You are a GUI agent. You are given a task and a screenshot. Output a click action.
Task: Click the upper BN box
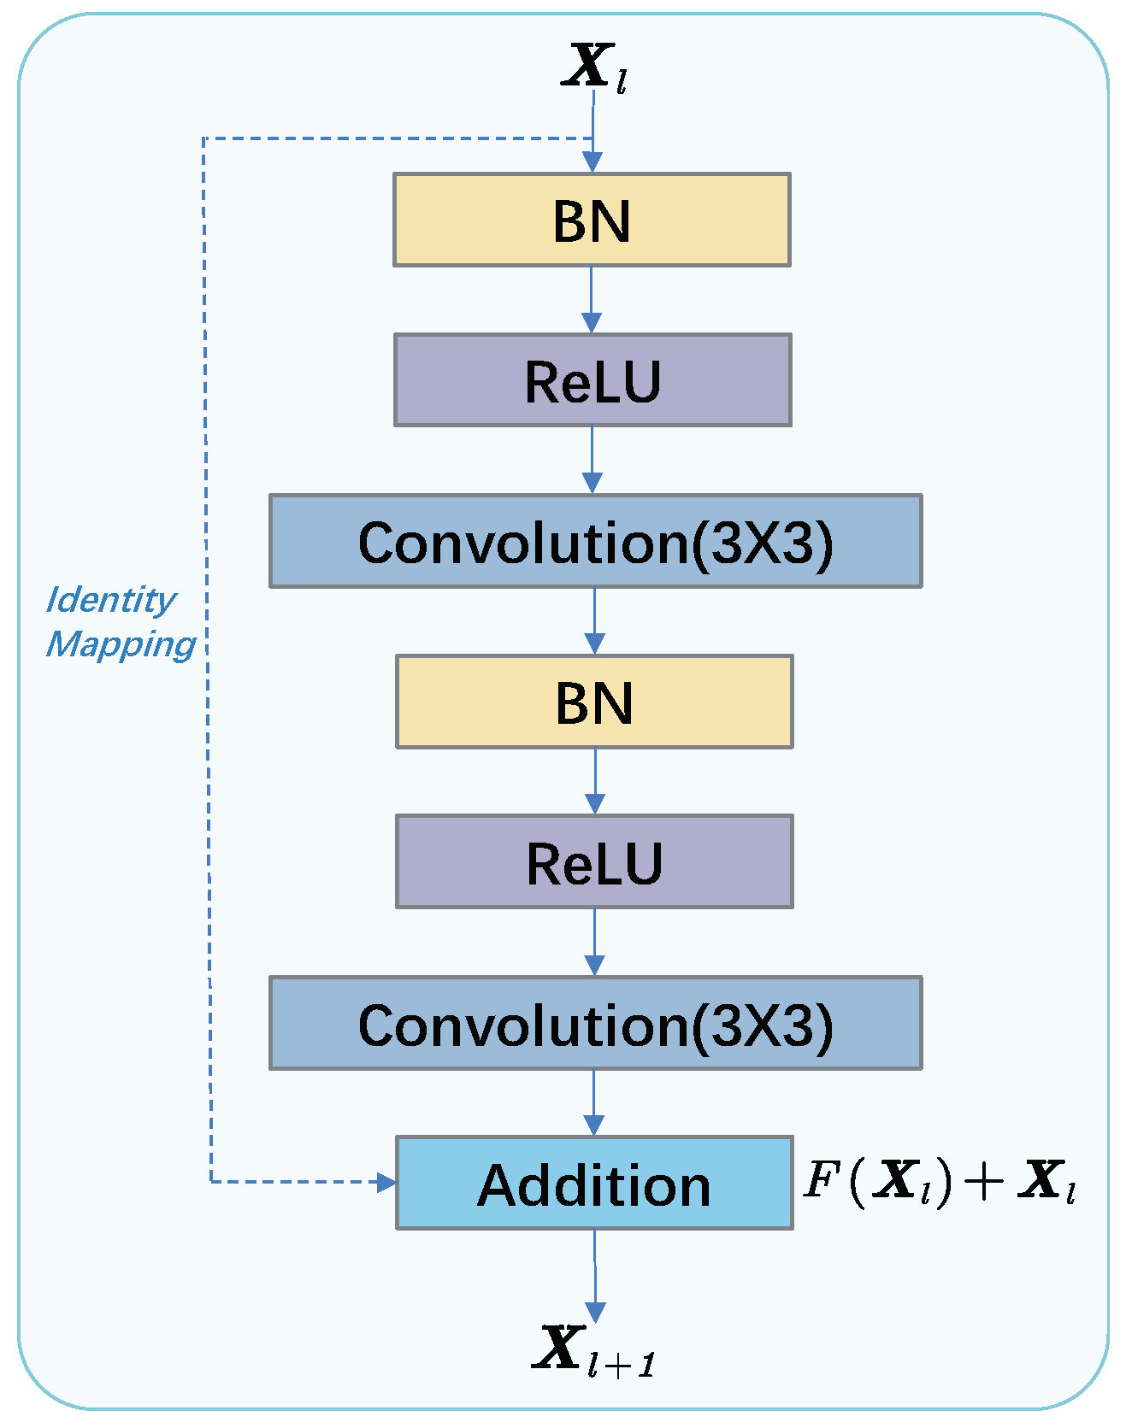[592, 220]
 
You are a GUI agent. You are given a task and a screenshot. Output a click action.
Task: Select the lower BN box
[594, 702]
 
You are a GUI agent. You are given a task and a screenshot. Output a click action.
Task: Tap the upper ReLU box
[592, 380]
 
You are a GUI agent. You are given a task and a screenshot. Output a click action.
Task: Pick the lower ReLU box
[594, 861]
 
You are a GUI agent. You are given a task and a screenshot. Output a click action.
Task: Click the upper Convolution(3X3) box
[595, 541]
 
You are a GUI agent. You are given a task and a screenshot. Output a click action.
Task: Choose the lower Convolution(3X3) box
[595, 1023]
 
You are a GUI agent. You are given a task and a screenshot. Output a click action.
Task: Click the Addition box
[594, 1184]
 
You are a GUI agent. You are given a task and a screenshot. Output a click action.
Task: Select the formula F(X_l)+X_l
[939, 1182]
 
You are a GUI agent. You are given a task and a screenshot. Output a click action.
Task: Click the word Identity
[111, 600]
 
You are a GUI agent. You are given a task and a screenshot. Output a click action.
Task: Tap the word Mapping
[121, 644]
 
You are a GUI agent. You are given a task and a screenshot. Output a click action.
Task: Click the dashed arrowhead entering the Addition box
[387, 1183]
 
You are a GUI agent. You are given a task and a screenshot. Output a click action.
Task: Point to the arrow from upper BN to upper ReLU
[592, 300]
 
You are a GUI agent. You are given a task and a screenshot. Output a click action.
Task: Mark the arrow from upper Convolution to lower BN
[595, 621]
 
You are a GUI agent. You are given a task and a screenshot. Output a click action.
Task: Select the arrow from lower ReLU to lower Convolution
[594, 942]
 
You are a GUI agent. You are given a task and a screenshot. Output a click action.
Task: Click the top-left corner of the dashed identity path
[203, 138]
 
